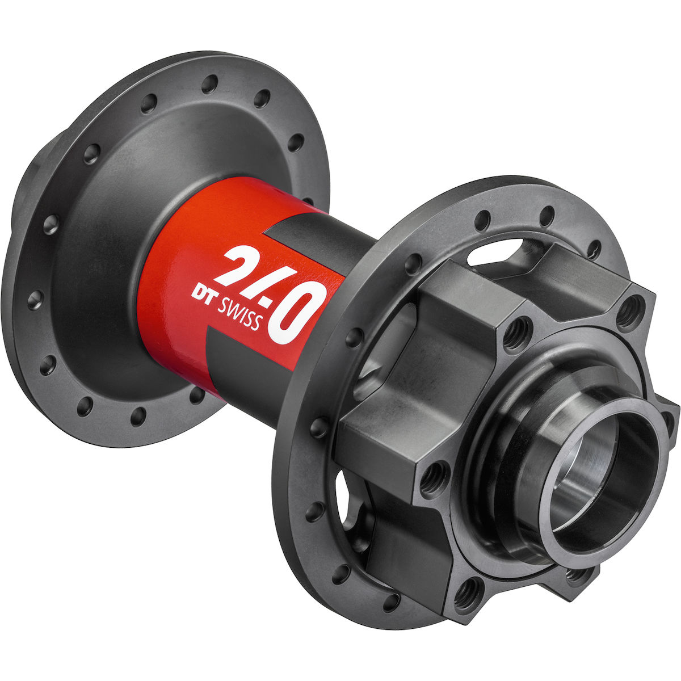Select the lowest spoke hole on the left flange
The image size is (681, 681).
click(x=138, y=417)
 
